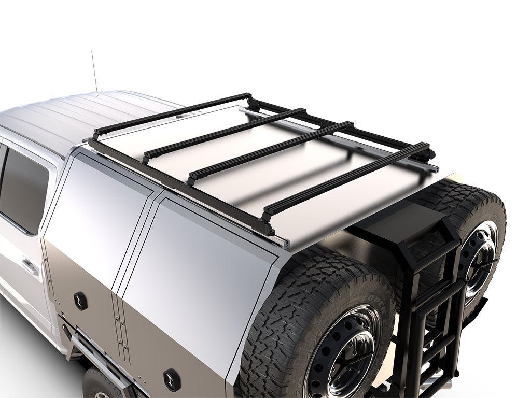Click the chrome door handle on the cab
tap(30, 267)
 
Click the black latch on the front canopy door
tap(80, 301)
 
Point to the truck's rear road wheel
tap(99, 383)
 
